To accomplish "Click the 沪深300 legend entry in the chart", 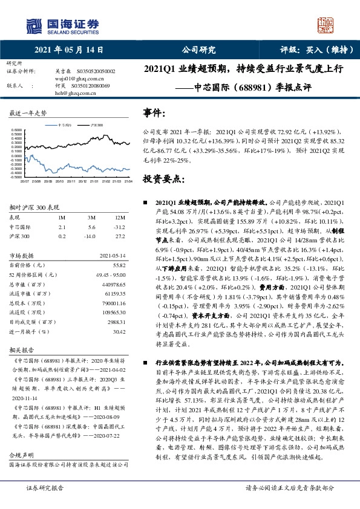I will (x=96, y=123).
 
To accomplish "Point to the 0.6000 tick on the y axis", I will (x=16, y=129).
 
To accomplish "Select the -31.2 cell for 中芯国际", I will (x=120, y=227).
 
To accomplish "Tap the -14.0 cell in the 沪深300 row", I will (x=91, y=236).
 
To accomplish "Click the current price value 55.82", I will (x=119, y=265).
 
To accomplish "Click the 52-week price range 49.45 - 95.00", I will (x=111, y=274).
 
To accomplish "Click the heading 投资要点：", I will (x=160, y=179).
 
